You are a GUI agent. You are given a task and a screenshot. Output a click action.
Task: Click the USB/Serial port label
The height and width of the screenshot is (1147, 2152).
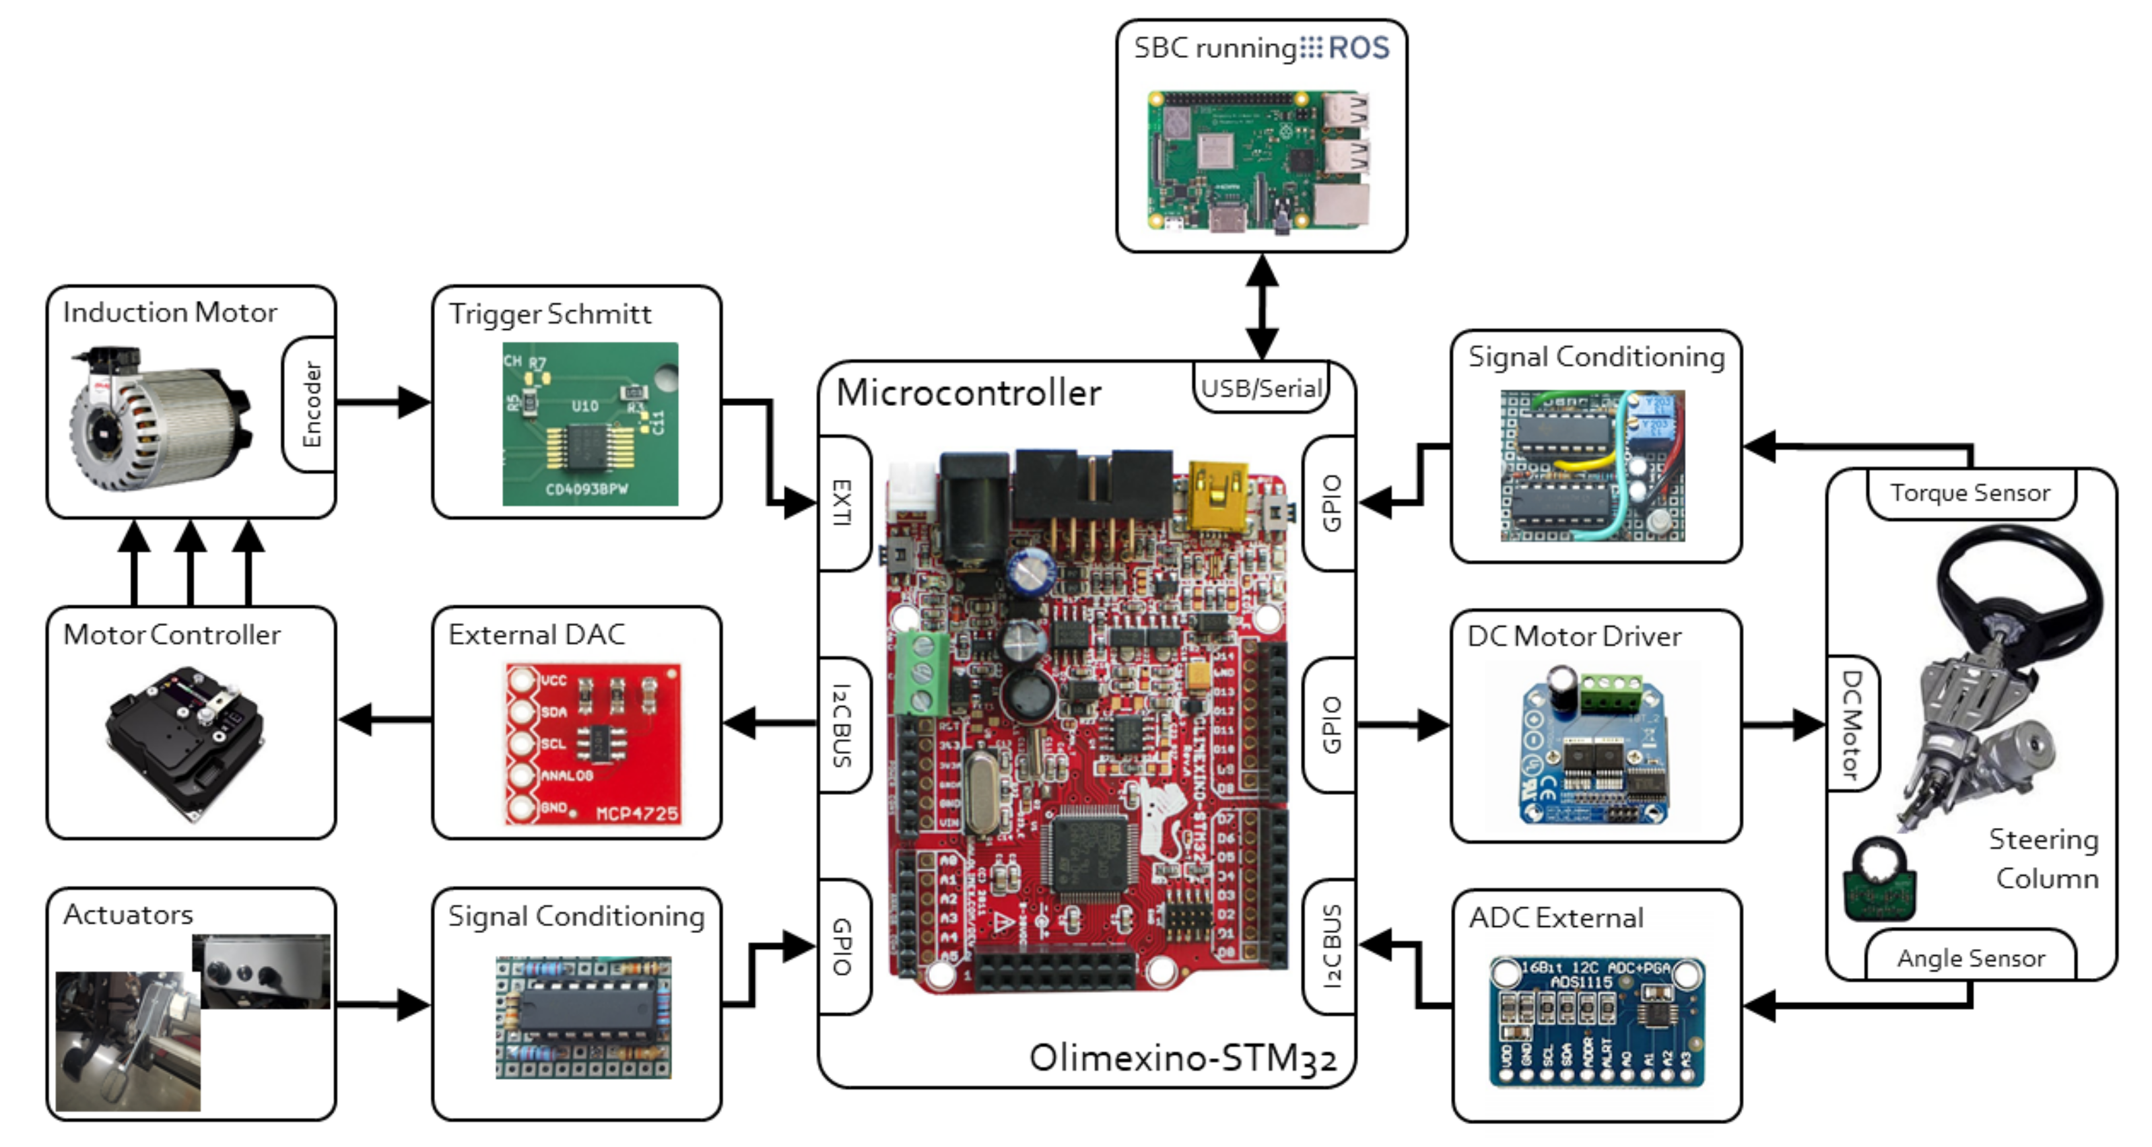(1260, 388)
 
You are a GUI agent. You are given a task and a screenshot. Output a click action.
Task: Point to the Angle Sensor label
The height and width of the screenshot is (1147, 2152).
(1970, 957)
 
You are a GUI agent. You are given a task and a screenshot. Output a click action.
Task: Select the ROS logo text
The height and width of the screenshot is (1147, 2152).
(1357, 48)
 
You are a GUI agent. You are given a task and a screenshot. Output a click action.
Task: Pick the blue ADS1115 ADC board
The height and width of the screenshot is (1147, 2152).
(1596, 1022)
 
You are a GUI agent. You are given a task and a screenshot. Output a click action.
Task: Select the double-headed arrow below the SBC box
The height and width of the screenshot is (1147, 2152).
(1260, 306)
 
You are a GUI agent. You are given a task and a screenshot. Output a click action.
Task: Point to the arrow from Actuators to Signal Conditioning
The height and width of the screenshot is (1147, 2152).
(384, 1004)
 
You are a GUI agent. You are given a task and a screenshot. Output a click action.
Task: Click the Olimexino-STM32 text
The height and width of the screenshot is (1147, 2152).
(1182, 1057)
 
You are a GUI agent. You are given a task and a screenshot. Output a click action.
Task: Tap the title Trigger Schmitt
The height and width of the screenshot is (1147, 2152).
(549, 314)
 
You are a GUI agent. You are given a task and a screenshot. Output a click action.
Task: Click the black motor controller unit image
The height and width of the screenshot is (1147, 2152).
(185, 739)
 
